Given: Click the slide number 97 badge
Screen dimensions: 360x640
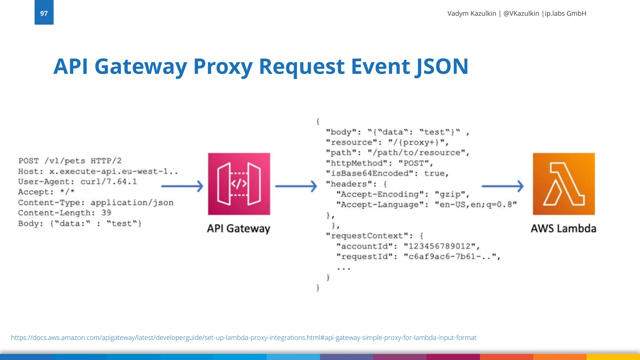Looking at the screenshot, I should click(44, 13).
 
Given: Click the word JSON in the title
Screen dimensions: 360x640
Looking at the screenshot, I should click(442, 67).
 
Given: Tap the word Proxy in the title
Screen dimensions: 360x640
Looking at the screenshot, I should click(223, 67).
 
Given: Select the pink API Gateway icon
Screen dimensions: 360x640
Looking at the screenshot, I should click(239, 184).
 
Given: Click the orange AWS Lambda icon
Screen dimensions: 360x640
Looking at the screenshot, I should click(564, 184).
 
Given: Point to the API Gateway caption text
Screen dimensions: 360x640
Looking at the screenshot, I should click(238, 228).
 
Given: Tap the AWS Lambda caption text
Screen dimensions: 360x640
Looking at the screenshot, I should click(563, 228).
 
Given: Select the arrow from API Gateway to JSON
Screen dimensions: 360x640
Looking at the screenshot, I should click(296, 186).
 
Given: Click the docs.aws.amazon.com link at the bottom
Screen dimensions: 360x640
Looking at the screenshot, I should click(243, 337).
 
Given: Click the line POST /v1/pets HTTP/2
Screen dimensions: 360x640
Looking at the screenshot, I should click(70, 161).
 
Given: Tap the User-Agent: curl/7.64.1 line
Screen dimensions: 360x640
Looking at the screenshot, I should click(77, 182).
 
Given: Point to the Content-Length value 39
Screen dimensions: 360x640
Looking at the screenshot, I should click(106, 213).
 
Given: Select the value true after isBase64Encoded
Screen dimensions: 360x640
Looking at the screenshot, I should click(436, 173).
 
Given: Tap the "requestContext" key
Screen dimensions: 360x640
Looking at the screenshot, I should click(369, 236).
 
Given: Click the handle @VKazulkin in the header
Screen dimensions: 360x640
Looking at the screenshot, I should click(521, 13).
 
